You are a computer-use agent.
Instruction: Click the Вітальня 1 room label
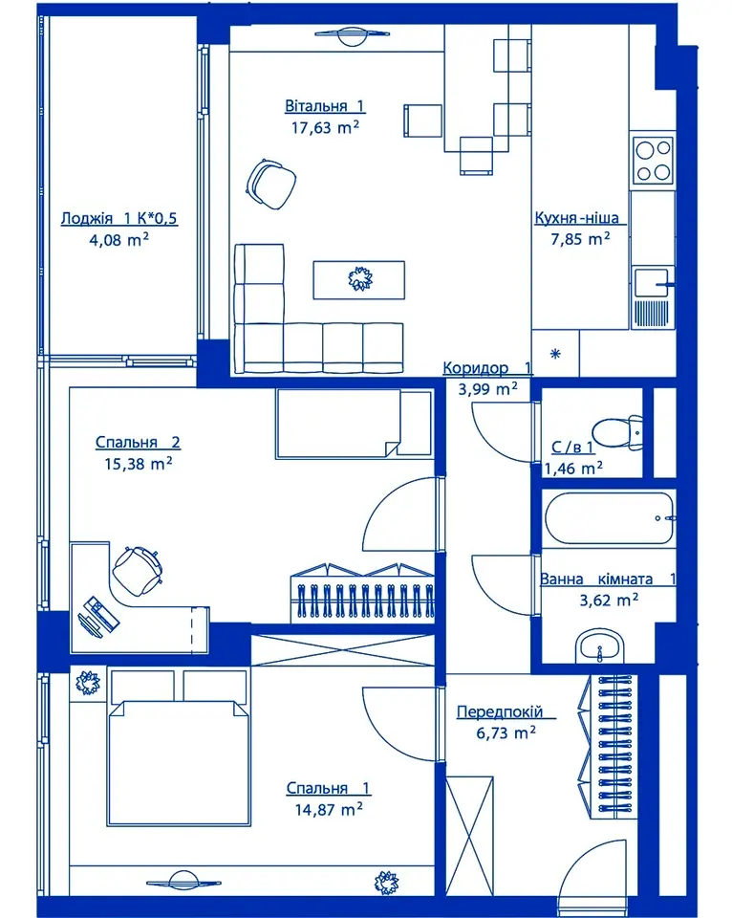[325, 106]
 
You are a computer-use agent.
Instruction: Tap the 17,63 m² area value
[325, 127]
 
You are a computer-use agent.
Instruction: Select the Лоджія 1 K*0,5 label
[118, 218]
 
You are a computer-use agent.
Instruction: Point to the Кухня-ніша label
[577, 218]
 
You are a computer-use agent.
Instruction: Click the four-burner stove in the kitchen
[654, 160]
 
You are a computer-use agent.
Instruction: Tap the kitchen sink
[653, 283]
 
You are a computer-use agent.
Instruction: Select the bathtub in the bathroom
[609, 518]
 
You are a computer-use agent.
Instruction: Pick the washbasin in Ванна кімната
[599, 647]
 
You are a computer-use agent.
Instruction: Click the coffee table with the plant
[358, 280]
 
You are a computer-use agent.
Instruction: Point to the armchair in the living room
[270, 184]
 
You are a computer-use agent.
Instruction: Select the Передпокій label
[500, 711]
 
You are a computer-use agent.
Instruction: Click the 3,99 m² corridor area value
[487, 389]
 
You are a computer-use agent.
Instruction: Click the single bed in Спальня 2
[354, 424]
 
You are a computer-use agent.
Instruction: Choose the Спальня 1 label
[329, 788]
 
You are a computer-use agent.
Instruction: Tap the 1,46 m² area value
[573, 469]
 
